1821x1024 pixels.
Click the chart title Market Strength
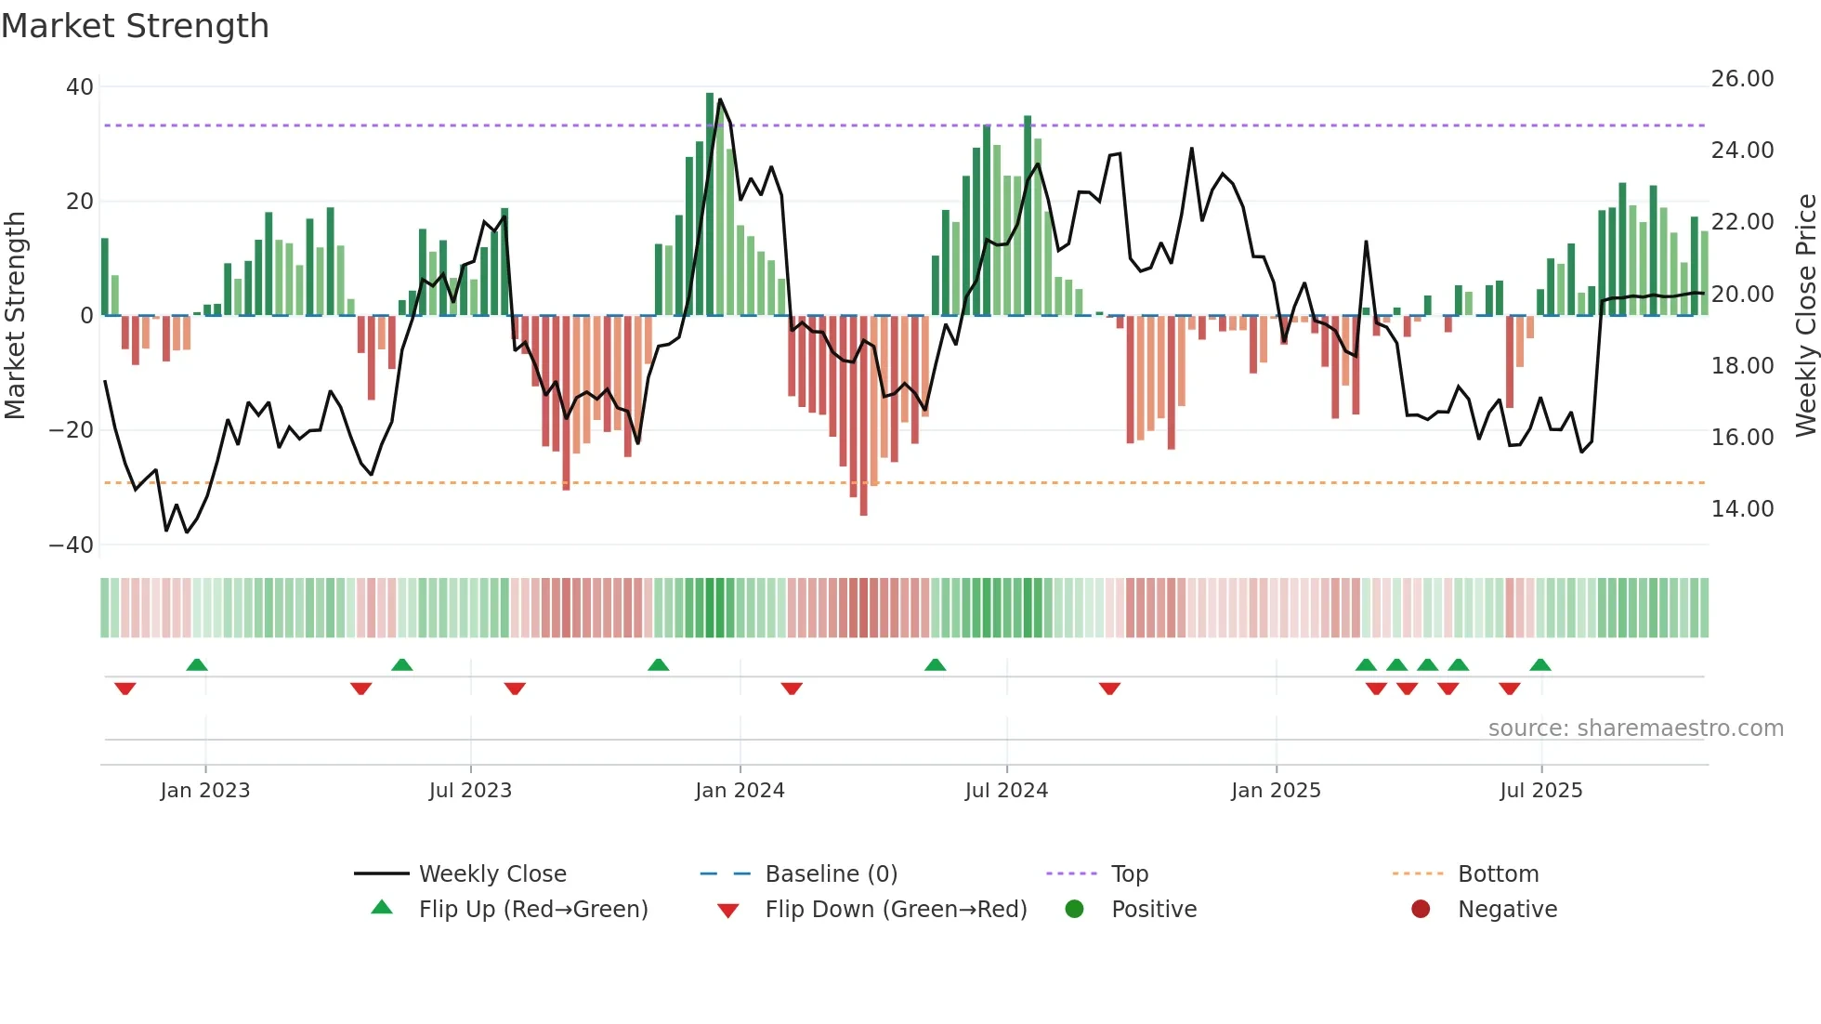(135, 26)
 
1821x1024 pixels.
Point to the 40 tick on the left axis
(80, 87)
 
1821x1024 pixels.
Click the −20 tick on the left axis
(72, 430)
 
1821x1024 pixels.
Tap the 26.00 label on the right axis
(1742, 79)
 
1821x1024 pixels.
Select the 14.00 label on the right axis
(1742, 509)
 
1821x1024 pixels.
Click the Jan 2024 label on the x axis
(740, 791)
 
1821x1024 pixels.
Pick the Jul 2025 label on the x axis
(1540, 791)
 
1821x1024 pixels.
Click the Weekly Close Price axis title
(1805, 315)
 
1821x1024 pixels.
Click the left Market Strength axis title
(16, 315)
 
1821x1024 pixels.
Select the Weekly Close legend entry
(491, 874)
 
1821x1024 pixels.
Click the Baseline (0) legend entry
(831, 874)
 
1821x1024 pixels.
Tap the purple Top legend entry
(1129, 874)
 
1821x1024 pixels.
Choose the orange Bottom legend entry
(1498, 874)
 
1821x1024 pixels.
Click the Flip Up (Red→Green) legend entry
(532, 910)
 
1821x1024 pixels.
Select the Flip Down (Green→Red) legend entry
(896, 910)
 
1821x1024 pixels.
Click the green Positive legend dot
(1075, 910)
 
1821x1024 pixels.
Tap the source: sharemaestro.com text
(1635, 729)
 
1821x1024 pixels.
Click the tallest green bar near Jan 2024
(710, 204)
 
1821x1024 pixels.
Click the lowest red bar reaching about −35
(863, 418)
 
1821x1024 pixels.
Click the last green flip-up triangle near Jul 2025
(1540, 664)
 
